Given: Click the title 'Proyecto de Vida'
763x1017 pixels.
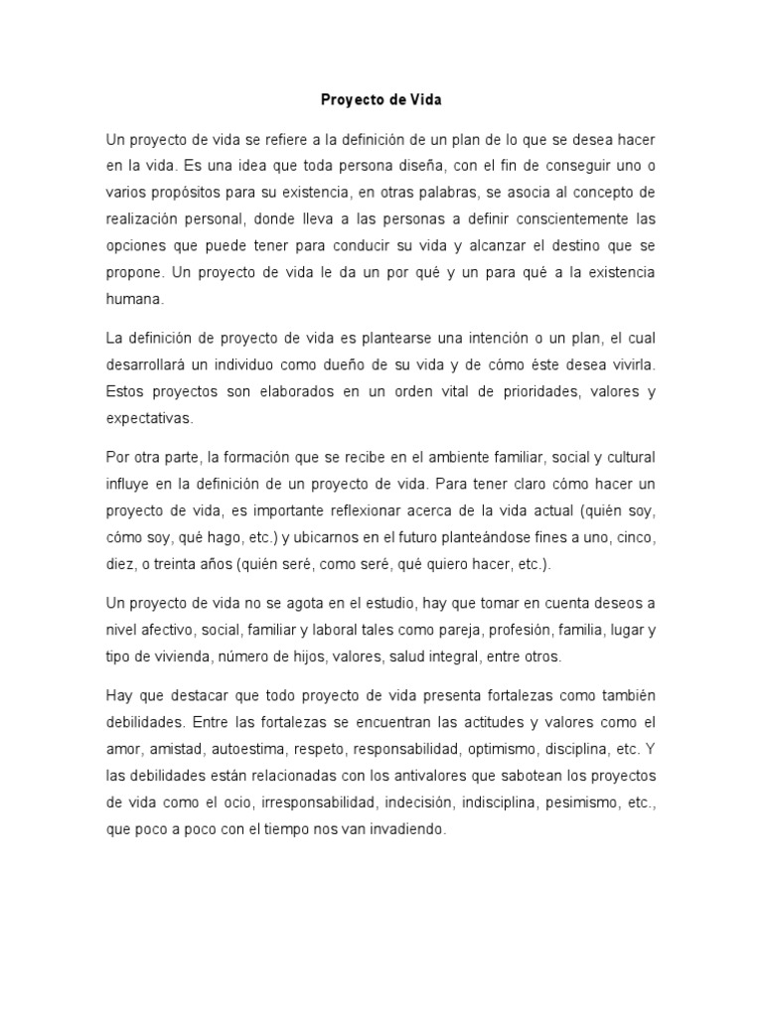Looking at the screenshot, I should (x=381, y=100).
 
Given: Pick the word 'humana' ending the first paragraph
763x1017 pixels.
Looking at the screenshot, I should (x=135, y=297).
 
